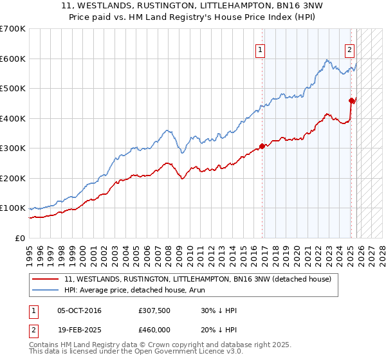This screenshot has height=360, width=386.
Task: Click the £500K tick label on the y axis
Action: (x=12, y=89)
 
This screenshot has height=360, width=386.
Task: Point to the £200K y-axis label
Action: (x=12, y=178)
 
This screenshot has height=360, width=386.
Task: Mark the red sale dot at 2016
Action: (x=262, y=146)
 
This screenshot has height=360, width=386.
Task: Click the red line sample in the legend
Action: (x=45, y=279)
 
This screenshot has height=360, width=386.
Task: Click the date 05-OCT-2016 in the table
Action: (x=79, y=310)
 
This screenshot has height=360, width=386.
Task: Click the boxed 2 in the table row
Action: (x=33, y=329)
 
